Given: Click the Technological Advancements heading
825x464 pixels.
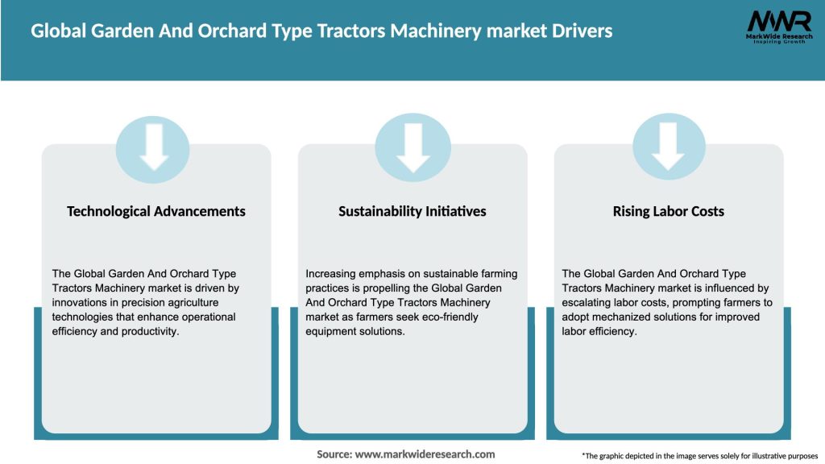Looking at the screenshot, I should pyautogui.click(x=156, y=211).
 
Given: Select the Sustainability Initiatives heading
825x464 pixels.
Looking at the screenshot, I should pyautogui.click(x=412, y=211).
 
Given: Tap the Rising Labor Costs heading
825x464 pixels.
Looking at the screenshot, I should pyautogui.click(x=668, y=211).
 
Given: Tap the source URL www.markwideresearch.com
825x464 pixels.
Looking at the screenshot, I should pyautogui.click(x=425, y=454).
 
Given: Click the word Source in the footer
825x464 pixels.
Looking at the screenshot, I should pyautogui.click(x=334, y=454).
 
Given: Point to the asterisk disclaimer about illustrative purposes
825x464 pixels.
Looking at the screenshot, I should pyautogui.click(x=699, y=456).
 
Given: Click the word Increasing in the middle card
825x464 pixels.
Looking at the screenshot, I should pyautogui.click(x=331, y=274).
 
